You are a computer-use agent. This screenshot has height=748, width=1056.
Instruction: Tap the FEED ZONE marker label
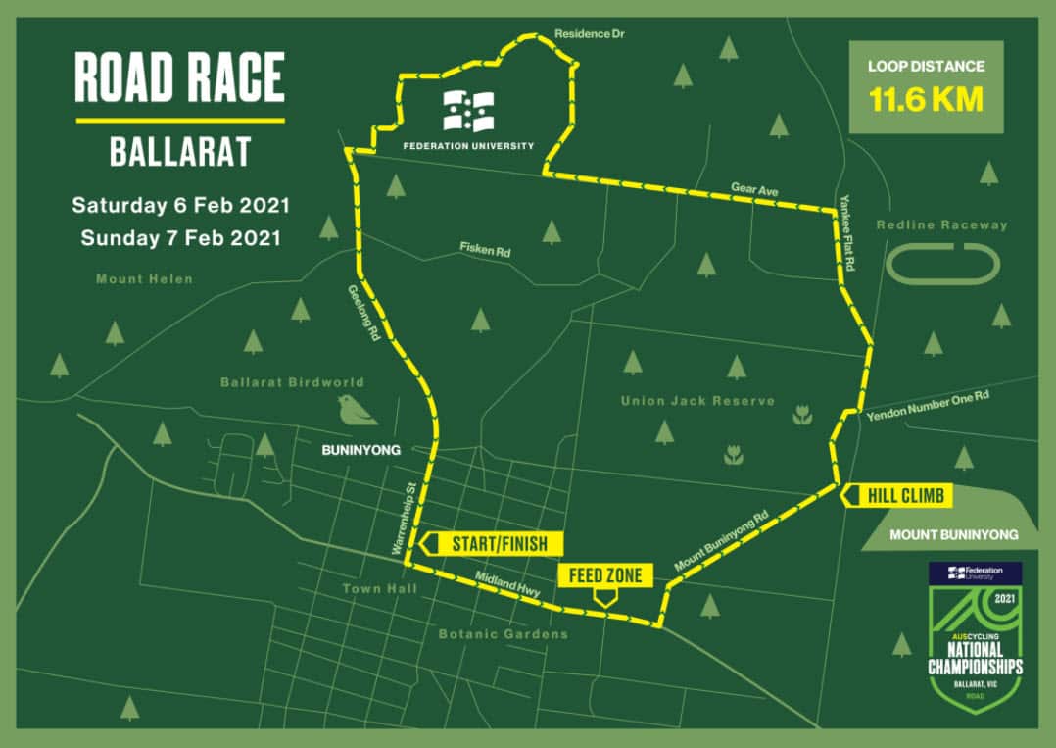605,575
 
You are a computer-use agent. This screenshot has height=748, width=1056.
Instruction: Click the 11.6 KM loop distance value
925,100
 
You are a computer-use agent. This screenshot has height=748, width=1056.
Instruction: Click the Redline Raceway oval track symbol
942,264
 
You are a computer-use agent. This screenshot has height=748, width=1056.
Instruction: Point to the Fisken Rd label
486,251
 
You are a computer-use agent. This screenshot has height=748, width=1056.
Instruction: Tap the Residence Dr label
589,34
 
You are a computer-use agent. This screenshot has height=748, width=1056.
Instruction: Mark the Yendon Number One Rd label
928,406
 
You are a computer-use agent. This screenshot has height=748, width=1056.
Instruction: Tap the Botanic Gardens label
503,634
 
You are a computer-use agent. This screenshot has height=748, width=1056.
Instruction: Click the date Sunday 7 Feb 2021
181,237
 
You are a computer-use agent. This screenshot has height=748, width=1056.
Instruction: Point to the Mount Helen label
144,279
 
